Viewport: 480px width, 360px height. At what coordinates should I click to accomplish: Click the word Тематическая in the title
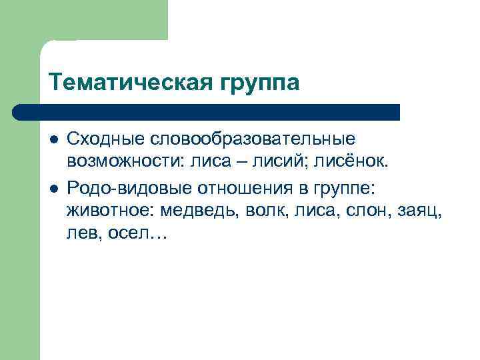click(x=128, y=83)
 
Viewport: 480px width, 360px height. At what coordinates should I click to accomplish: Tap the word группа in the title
click(x=257, y=84)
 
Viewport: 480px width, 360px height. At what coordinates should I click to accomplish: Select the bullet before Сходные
click(x=53, y=140)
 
